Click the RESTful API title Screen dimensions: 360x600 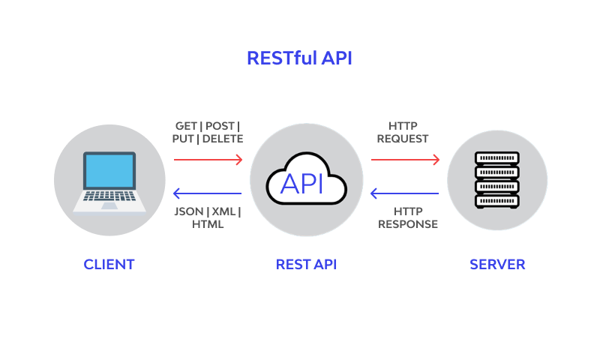[299, 58]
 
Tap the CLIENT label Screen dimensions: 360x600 [109, 264]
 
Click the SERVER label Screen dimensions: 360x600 [497, 264]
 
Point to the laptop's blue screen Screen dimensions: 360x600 [109, 171]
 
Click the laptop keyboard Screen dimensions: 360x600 [109, 196]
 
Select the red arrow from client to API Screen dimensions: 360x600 [208, 159]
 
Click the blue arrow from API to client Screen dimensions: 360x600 [208, 193]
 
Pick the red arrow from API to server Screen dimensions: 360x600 [405, 159]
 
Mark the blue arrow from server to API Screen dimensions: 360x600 [405, 193]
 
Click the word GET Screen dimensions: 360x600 [186, 125]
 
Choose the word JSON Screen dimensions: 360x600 [187, 211]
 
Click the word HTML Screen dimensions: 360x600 [208, 223]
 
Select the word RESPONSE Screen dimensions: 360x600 [407, 223]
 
